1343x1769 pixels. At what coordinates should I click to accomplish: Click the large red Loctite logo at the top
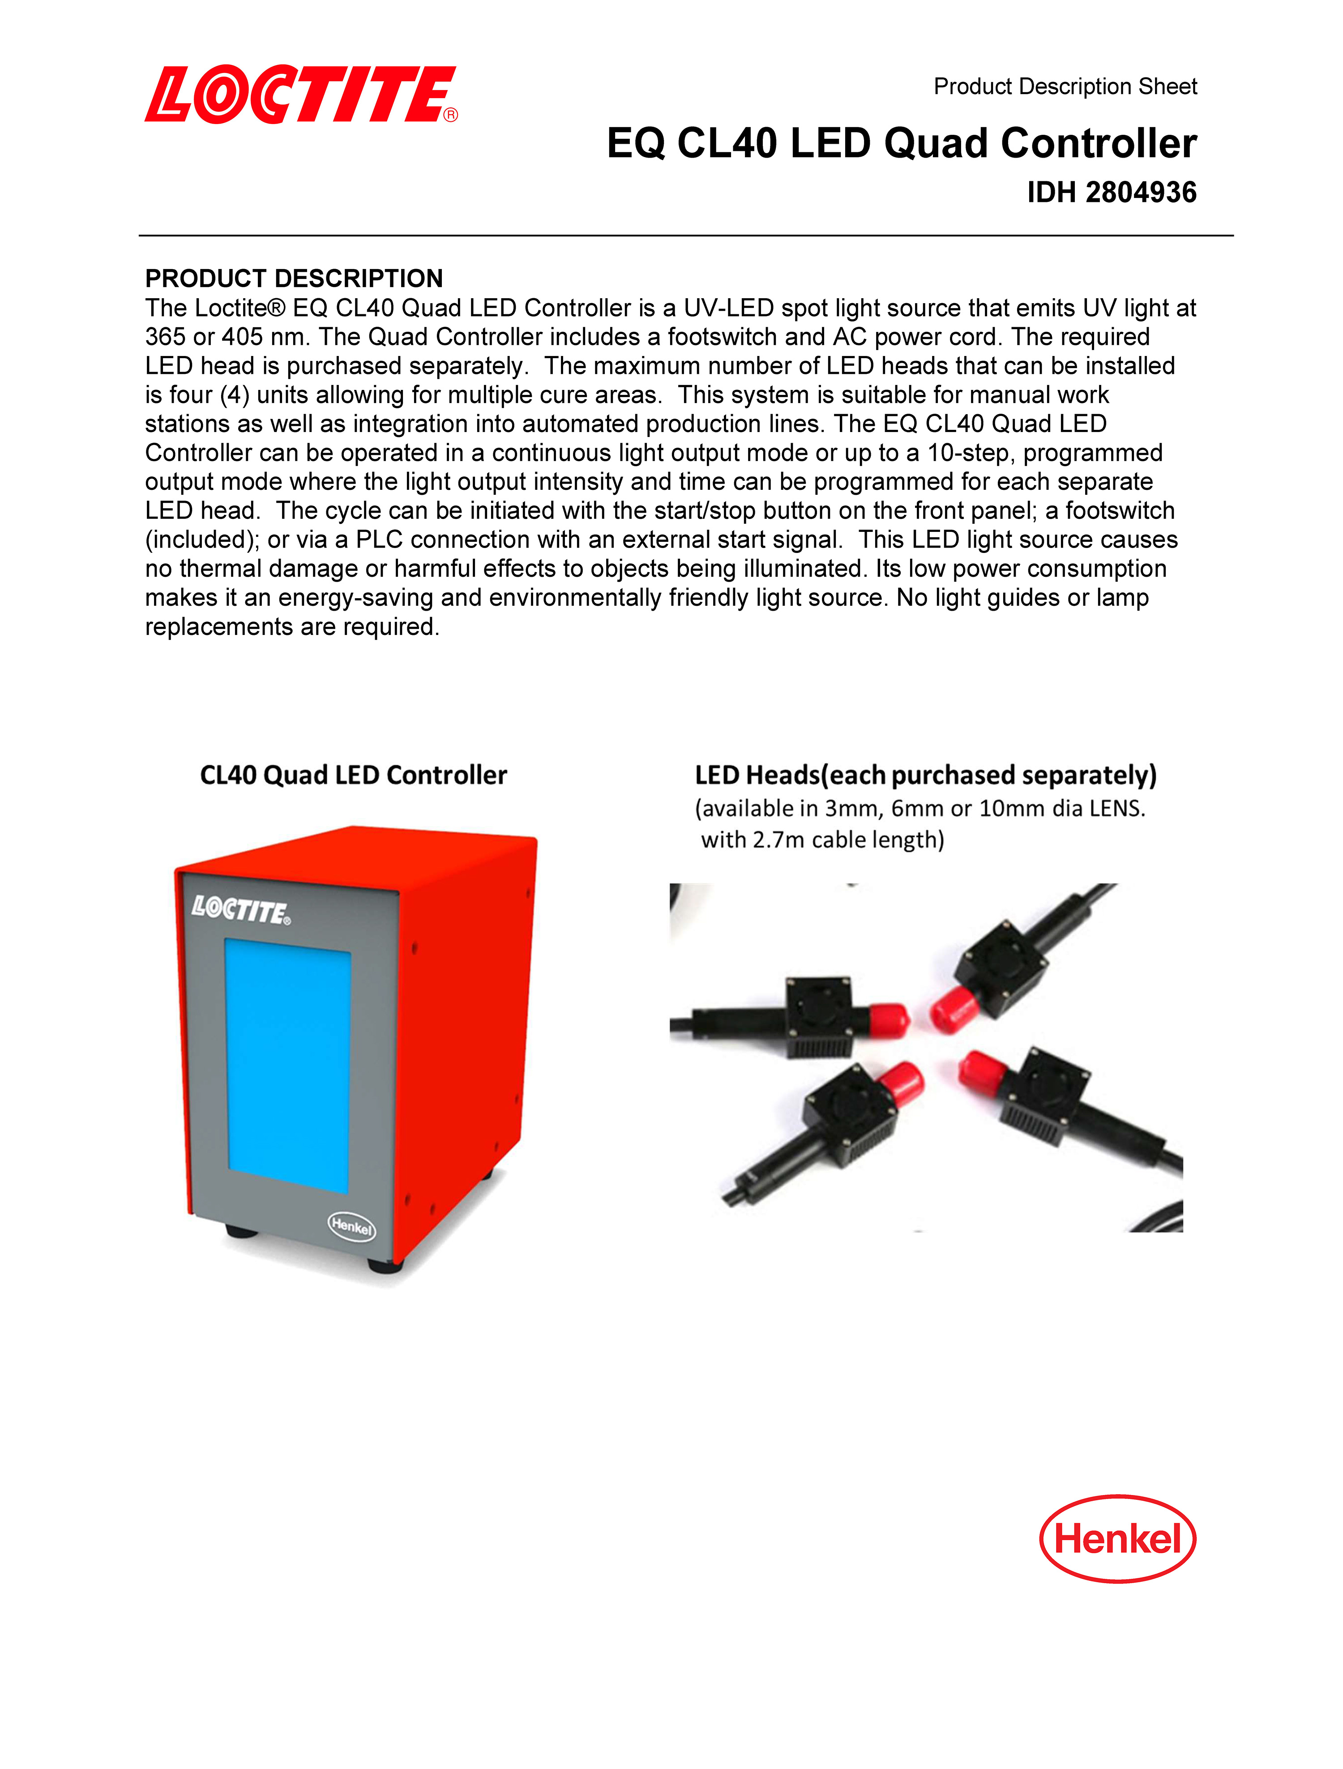(x=300, y=94)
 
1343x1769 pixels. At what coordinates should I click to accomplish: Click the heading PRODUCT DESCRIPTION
(x=293, y=278)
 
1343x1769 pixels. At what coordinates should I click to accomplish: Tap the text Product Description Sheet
(x=1065, y=86)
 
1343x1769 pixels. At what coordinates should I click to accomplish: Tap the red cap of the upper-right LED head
(x=951, y=1009)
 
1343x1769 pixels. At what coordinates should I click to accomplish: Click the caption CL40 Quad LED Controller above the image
(x=353, y=775)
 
